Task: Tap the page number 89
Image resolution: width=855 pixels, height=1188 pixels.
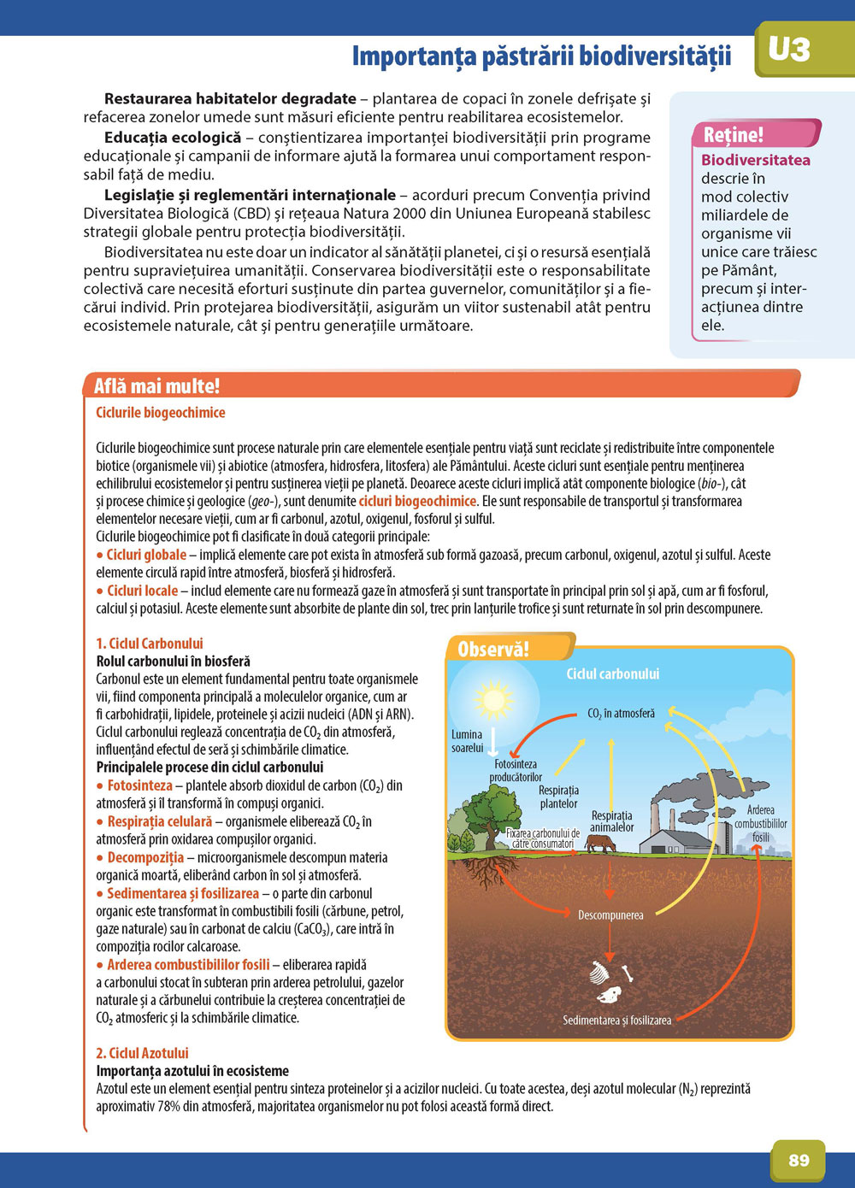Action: click(x=799, y=1160)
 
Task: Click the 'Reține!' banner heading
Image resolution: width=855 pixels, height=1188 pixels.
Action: click(x=734, y=134)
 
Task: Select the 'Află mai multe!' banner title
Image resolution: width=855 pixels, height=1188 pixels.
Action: click(x=156, y=385)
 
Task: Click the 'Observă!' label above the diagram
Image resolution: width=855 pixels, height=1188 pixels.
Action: click(x=493, y=650)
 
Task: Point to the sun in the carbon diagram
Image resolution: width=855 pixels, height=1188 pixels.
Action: click(x=493, y=699)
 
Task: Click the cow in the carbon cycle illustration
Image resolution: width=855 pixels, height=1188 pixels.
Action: click(x=600, y=844)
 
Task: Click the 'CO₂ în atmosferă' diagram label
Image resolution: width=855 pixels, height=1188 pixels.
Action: click(x=621, y=714)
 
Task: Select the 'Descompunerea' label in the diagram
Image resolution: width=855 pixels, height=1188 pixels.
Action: click(x=610, y=915)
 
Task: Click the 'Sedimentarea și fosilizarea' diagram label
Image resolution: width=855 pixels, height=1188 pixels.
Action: click(x=616, y=1020)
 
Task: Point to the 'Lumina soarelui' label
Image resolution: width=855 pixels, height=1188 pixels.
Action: click(x=467, y=741)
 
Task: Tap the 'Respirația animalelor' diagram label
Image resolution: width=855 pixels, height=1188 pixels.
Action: click(x=612, y=821)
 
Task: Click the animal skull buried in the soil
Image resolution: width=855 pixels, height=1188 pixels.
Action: click(x=610, y=995)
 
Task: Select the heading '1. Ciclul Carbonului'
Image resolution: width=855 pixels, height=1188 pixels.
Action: click(x=150, y=644)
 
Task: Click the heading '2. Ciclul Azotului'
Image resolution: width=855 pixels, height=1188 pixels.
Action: click(x=142, y=1053)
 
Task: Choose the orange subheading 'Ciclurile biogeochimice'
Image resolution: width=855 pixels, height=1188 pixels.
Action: click(x=161, y=413)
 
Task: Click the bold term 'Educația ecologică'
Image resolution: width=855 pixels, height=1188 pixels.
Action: click(x=163, y=138)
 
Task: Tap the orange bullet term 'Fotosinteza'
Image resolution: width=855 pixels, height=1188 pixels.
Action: click(x=140, y=785)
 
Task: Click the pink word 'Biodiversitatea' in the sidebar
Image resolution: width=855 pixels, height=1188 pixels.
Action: click(x=756, y=160)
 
